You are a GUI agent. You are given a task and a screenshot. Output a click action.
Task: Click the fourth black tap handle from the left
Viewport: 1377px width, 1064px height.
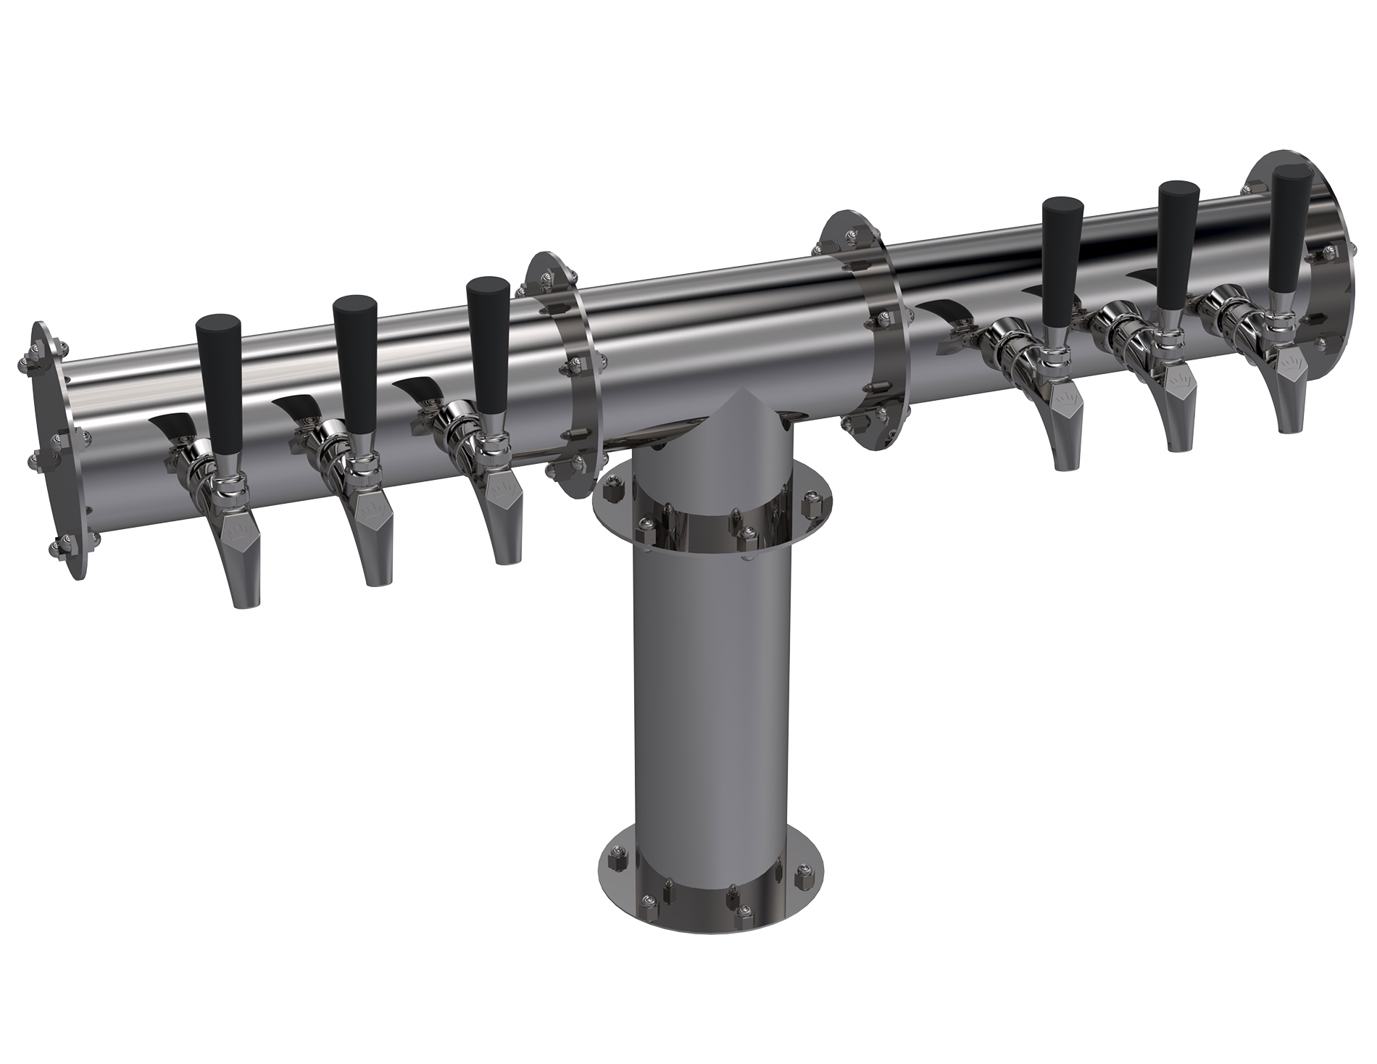1062,261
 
